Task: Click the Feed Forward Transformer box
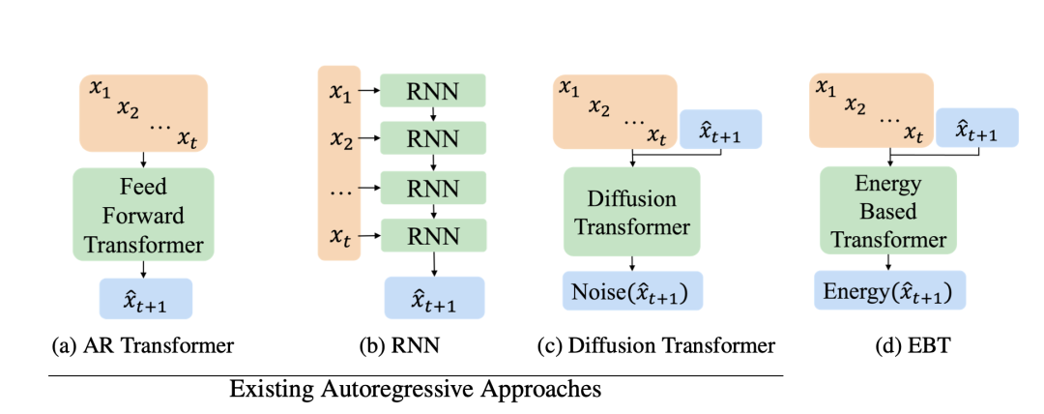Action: [143, 214]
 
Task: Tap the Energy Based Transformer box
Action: [888, 210]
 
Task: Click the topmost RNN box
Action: [433, 91]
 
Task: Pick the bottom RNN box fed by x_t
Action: [433, 235]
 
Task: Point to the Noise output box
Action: [632, 290]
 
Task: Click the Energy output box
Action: [890, 290]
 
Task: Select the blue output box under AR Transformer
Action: [146, 299]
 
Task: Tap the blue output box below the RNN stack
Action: [434, 297]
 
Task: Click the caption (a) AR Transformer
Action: [143, 346]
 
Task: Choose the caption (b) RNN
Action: [399, 346]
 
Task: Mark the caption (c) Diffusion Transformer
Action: [656, 346]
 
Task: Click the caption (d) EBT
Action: [890, 346]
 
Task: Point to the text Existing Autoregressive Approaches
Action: [416, 388]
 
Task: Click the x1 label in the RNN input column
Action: [339, 92]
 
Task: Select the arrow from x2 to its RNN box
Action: [369, 139]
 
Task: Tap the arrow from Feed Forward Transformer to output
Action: [143, 269]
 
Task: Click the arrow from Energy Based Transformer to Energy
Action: [888, 263]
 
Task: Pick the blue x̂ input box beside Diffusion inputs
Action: [720, 129]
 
